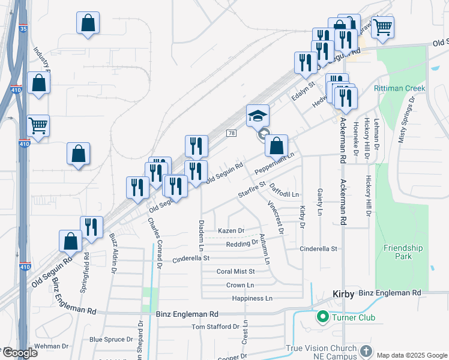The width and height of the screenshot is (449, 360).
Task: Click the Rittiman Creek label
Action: click(x=399, y=88)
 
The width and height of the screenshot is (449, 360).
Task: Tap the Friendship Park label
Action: click(x=402, y=252)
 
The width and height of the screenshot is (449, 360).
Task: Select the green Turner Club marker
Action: click(x=322, y=317)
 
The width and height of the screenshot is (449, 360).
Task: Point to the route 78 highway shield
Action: click(x=231, y=133)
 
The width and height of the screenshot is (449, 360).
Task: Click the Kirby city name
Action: click(x=343, y=294)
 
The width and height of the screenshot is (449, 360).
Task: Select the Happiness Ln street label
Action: click(x=252, y=298)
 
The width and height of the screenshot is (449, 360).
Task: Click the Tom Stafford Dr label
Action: click(x=215, y=326)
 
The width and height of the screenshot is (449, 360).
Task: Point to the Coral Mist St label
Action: click(x=235, y=272)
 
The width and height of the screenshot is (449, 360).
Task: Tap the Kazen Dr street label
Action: click(x=231, y=230)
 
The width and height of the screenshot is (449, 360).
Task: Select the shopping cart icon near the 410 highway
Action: click(x=38, y=126)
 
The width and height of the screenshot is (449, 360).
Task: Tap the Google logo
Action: click(x=20, y=353)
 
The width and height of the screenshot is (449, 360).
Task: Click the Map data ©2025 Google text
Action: click(x=412, y=355)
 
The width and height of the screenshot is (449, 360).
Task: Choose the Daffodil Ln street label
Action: click(x=285, y=191)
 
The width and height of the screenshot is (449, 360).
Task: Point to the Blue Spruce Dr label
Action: click(x=111, y=339)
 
